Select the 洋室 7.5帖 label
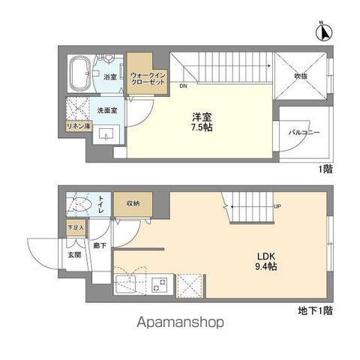(201, 121)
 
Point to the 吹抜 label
(303, 76)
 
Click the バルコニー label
(305, 132)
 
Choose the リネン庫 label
(78, 126)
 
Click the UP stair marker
(277, 207)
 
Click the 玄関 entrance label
(76, 254)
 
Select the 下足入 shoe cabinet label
(76, 226)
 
